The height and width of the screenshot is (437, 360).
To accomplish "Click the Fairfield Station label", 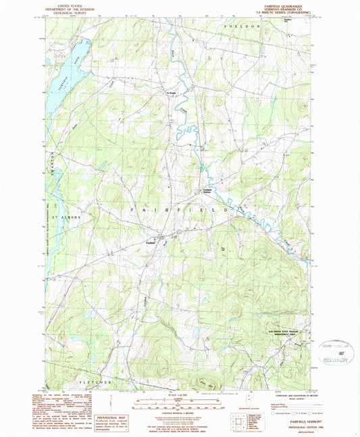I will point(209,191).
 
